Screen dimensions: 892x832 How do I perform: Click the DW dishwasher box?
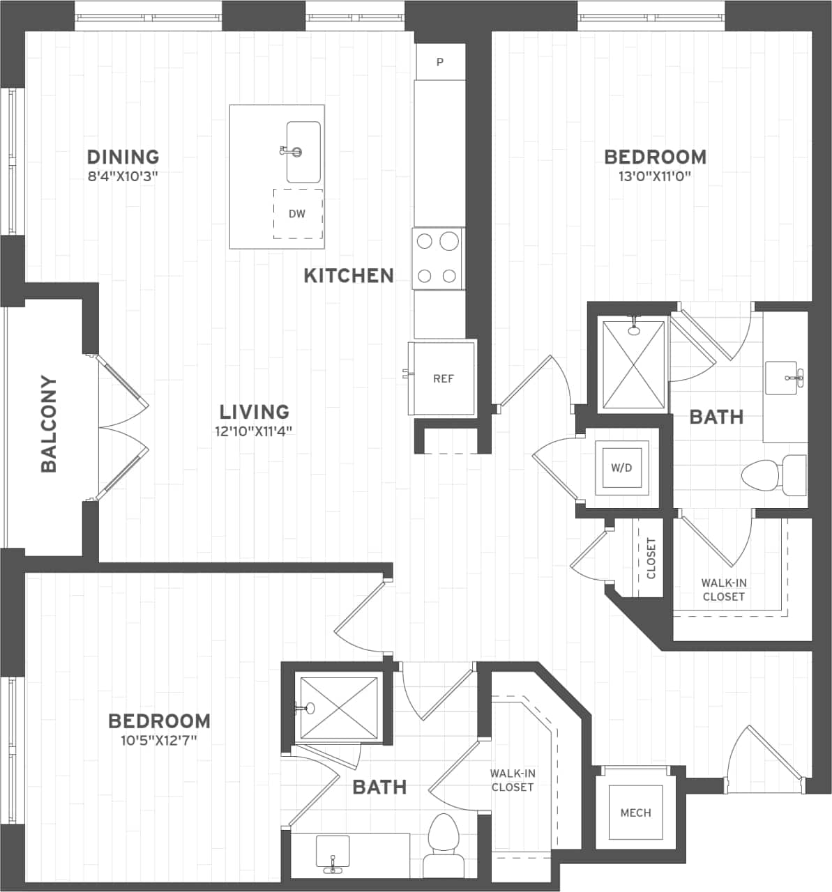click(x=298, y=214)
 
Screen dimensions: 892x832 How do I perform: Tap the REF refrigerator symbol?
click(x=443, y=378)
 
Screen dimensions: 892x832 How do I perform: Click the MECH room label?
click(x=635, y=813)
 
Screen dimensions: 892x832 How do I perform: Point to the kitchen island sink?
click(x=303, y=152)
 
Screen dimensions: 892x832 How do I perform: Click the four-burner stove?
click(x=439, y=258)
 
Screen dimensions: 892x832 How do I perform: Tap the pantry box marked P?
click(x=440, y=62)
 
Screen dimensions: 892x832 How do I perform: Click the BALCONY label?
click(x=49, y=424)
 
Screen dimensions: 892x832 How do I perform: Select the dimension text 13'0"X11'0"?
click(x=654, y=176)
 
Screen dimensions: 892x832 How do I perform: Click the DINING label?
click(x=123, y=157)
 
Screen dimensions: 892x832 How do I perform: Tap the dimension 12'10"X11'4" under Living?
click(x=254, y=431)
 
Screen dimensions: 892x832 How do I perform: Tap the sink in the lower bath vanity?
click(x=333, y=852)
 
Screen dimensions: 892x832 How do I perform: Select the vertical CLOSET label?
click(x=651, y=558)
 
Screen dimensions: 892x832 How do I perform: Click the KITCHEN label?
click(x=349, y=276)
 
